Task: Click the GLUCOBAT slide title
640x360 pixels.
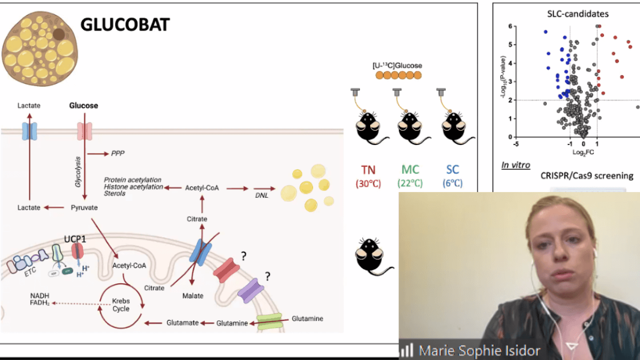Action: coord(125,24)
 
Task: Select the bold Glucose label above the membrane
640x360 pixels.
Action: coord(84,106)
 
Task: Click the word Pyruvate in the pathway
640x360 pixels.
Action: coord(84,207)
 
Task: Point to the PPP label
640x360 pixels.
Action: coord(117,154)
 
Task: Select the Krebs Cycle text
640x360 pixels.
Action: coord(121,305)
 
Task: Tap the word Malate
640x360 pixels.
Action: coord(193,295)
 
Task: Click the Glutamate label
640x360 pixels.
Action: coord(182,323)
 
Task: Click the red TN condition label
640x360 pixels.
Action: coord(368,171)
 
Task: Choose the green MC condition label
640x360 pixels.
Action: coord(410,171)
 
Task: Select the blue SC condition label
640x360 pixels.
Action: coord(452,171)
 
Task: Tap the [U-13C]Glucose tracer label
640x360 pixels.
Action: coord(397,66)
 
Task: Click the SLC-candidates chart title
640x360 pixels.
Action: coord(571,14)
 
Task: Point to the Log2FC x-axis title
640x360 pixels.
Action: coord(583,152)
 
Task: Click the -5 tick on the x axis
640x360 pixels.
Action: coord(515,144)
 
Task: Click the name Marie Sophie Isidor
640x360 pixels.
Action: coord(479,350)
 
